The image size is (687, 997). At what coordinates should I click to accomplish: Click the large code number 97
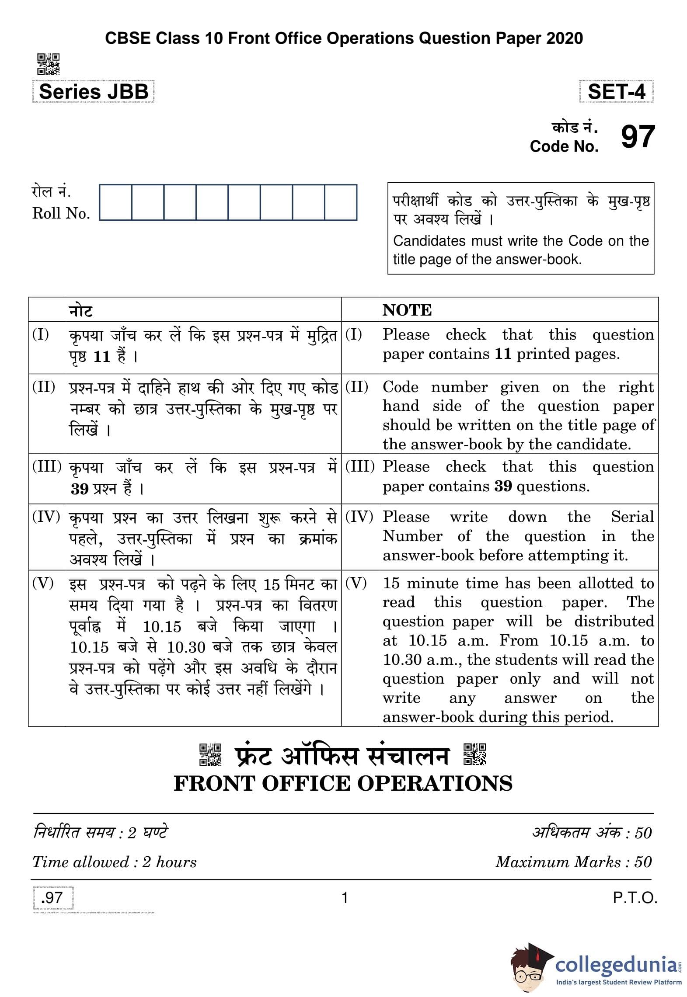(638, 137)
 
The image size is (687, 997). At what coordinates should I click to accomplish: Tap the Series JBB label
(94, 92)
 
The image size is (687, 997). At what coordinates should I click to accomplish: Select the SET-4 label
(616, 92)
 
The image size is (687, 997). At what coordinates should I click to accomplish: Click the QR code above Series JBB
(48, 64)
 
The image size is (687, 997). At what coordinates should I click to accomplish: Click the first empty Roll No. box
(115, 202)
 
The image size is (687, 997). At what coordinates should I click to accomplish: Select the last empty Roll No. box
(341, 202)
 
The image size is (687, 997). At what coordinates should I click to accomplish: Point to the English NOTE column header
(407, 310)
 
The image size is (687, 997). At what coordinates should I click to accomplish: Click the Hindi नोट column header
(81, 311)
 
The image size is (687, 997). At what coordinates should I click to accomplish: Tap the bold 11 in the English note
(503, 354)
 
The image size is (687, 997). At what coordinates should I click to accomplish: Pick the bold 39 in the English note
(503, 486)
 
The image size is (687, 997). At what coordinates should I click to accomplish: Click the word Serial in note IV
(632, 517)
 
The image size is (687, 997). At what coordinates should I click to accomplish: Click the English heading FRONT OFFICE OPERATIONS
(343, 783)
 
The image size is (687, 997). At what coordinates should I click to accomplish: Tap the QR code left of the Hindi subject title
(210, 754)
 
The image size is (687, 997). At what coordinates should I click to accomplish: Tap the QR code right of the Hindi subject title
(474, 754)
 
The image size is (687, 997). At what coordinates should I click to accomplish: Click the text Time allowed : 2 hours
(115, 862)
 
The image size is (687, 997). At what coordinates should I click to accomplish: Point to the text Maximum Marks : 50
(573, 862)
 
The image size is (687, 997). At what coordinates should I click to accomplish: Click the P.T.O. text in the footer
(635, 898)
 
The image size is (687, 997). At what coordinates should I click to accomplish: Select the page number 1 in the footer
(345, 898)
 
